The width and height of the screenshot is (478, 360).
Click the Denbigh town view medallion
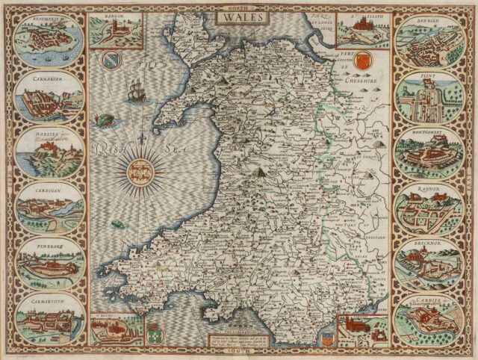coord(427,39)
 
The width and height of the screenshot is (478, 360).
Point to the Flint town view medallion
coord(427,96)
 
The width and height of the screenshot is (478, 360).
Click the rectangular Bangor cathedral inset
coord(117,30)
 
